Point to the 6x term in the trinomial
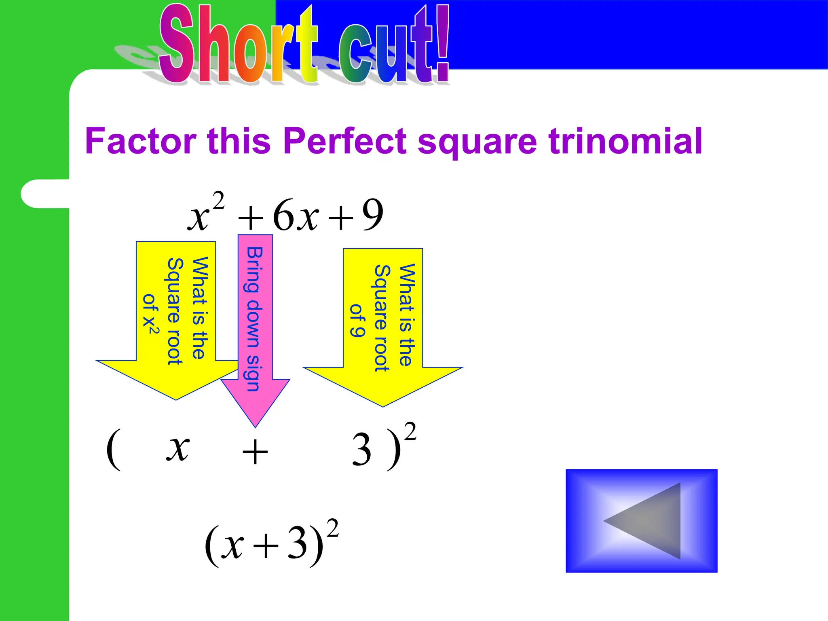point(296,216)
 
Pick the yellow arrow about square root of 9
point(383,327)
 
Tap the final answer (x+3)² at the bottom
point(271,543)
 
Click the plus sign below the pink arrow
point(255,452)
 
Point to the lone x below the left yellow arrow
point(178,449)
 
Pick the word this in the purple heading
point(239,141)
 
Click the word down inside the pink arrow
point(253,323)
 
